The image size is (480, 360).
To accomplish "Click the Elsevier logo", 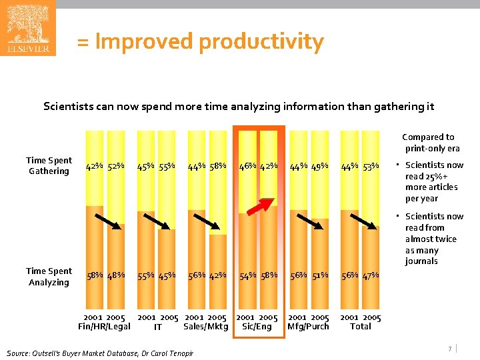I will pos(27,28).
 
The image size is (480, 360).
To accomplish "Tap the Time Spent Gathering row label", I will pos(49,165).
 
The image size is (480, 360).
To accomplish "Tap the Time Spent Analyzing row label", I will pos(49,277).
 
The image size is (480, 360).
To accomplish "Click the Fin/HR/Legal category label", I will pos(104,327).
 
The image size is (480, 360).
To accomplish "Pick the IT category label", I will pos(158,327).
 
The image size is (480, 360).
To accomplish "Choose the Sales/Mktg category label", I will pos(205,327).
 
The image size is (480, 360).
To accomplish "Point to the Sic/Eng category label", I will pos(257,327).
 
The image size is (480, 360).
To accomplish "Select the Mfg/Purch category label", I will pos(308,327).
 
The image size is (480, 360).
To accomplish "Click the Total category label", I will pos(361,327).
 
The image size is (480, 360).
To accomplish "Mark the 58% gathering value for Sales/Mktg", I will pos(217,165).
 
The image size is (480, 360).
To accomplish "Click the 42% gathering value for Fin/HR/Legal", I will pos(94,165).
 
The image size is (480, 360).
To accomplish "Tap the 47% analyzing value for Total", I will pos(371,275).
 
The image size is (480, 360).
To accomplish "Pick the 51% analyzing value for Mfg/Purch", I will pos(319,275).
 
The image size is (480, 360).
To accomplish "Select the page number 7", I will pos(450,349).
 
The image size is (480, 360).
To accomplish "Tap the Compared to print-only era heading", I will pos(430,143).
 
